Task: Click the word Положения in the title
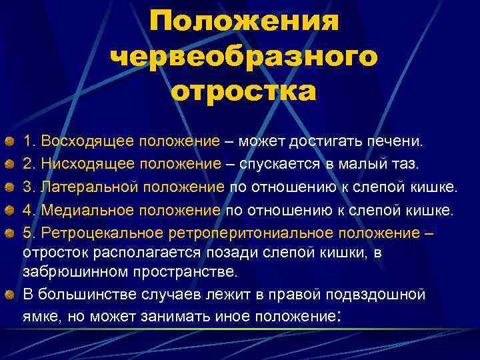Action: [x=245, y=22]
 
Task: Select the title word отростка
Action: [x=245, y=92]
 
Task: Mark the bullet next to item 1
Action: [x=9, y=141]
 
